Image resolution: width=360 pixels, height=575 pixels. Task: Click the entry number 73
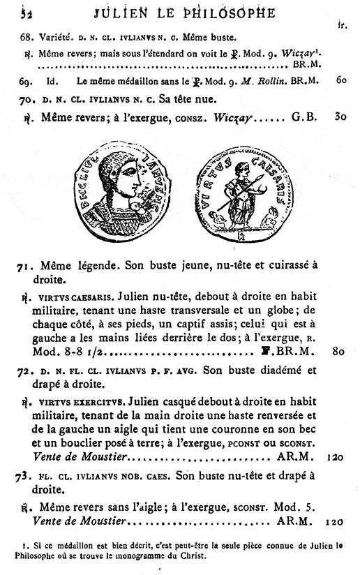[27, 475]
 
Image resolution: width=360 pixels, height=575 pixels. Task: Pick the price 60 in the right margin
[340, 80]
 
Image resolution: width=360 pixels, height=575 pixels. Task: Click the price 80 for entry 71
[338, 352]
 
